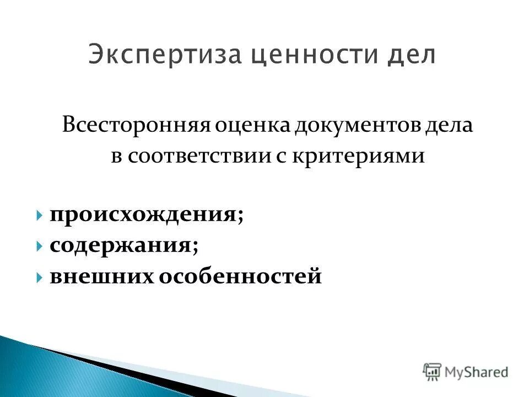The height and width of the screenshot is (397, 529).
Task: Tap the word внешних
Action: pos(101,276)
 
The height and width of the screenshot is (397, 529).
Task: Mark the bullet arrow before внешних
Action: pos(41,276)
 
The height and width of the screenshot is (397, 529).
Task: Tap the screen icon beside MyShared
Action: pos(432,372)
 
